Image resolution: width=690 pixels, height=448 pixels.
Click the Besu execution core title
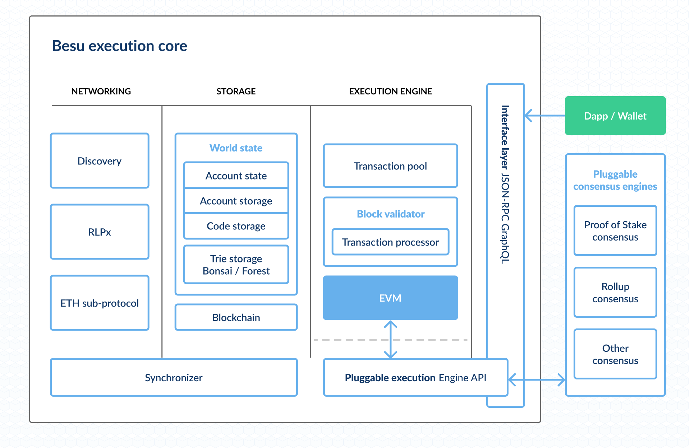pyautogui.click(x=119, y=46)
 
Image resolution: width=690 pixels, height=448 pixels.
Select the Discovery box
pyautogui.click(x=100, y=161)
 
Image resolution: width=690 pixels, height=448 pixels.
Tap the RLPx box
pyautogui.click(x=100, y=232)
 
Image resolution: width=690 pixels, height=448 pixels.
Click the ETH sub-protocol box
pyautogui.click(x=100, y=303)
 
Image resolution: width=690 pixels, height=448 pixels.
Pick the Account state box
pyautogui.click(x=236, y=176)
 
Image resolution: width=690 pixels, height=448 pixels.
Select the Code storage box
pyautogui.click(x=236, y=226)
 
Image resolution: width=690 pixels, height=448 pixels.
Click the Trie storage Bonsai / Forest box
pyautogui.click(x=236, y=265)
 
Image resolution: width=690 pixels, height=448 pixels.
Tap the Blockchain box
pyautogui.click(x=236, y=317)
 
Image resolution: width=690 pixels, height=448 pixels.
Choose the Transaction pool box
pyautogui.click(x=390, y=166)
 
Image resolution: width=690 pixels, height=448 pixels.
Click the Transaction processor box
pyautogui.click(x=390, y=242)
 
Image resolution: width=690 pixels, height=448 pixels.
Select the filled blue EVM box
pyautogui.click(x=390, y=298)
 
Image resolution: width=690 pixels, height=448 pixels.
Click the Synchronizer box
pyautogui.click(x=174, y=377)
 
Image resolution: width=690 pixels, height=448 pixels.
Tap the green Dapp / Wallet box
pyautogui.click(x=615, y=116)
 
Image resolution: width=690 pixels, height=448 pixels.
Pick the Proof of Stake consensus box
pyautogui.click(x=615, y=230)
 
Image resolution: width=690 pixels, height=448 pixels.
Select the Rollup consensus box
pyautogui.click(x=615, y=292)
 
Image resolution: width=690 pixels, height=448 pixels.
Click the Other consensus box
pyautogui.click(x=615, y=354)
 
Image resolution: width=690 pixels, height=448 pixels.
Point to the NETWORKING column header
pyautogui.click(x=101, y=91)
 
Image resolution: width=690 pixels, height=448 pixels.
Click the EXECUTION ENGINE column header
pyautogui.click(x=390, y=91)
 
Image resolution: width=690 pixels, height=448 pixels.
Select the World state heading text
pyautogui.click(x=236, y=148)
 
